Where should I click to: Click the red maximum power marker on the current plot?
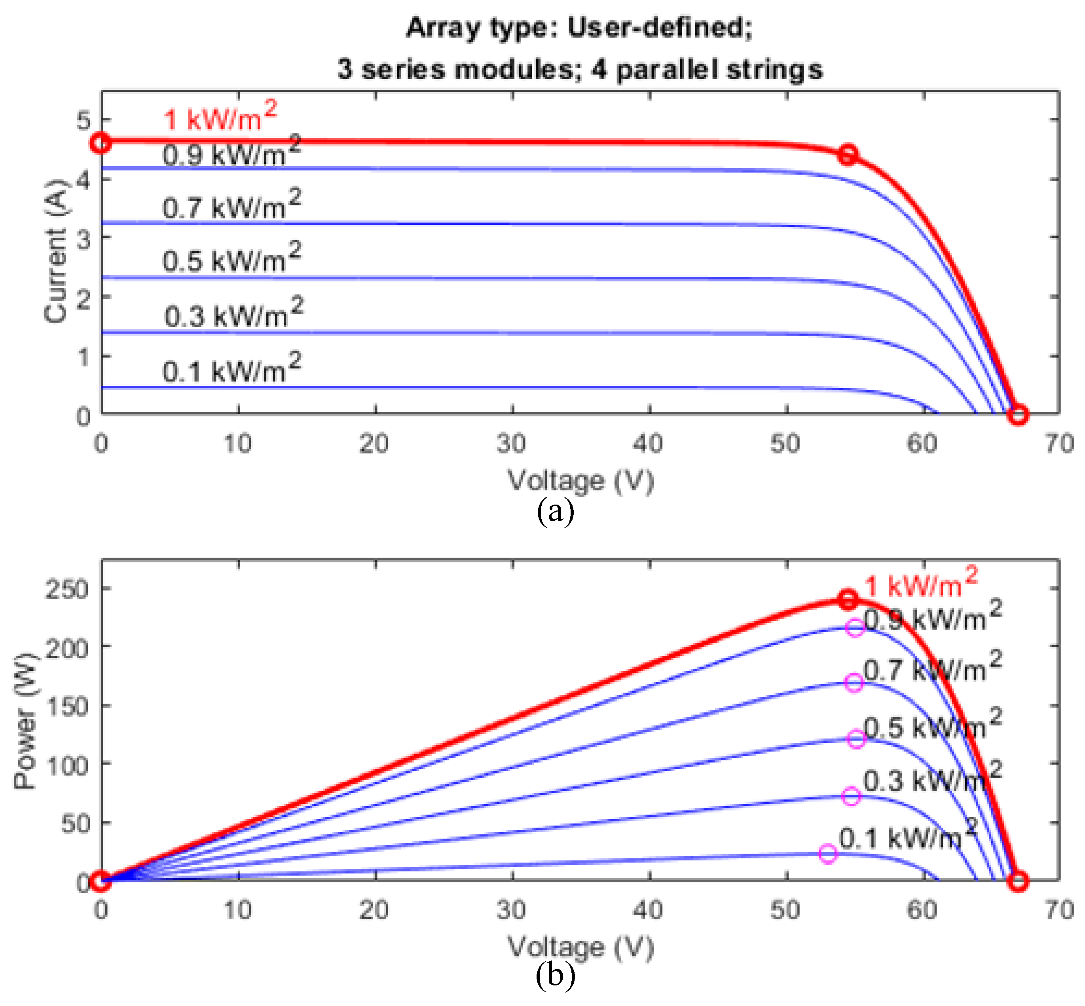point(848,155)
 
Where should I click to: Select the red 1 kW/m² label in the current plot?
point(220,116)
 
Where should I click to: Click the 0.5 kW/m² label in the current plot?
point(231,258)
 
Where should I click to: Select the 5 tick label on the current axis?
point(83,120)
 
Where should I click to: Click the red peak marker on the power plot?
point(848,599)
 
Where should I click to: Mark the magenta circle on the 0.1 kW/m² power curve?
point(827,854)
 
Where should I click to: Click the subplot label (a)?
point(555,512)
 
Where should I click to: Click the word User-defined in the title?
point(659,27)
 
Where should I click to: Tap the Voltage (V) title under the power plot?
point(580,947)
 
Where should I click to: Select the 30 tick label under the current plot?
point(511,444)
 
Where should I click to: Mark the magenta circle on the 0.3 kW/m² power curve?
point(851,796)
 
